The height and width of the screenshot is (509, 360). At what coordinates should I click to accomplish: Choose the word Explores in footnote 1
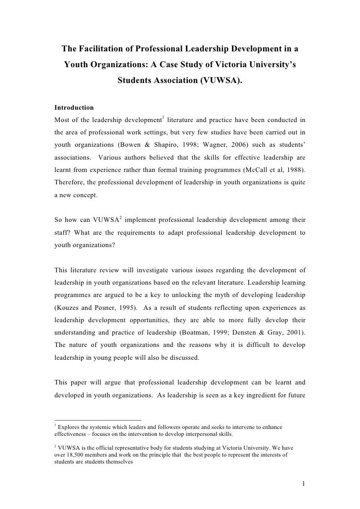(x=70, y=426)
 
